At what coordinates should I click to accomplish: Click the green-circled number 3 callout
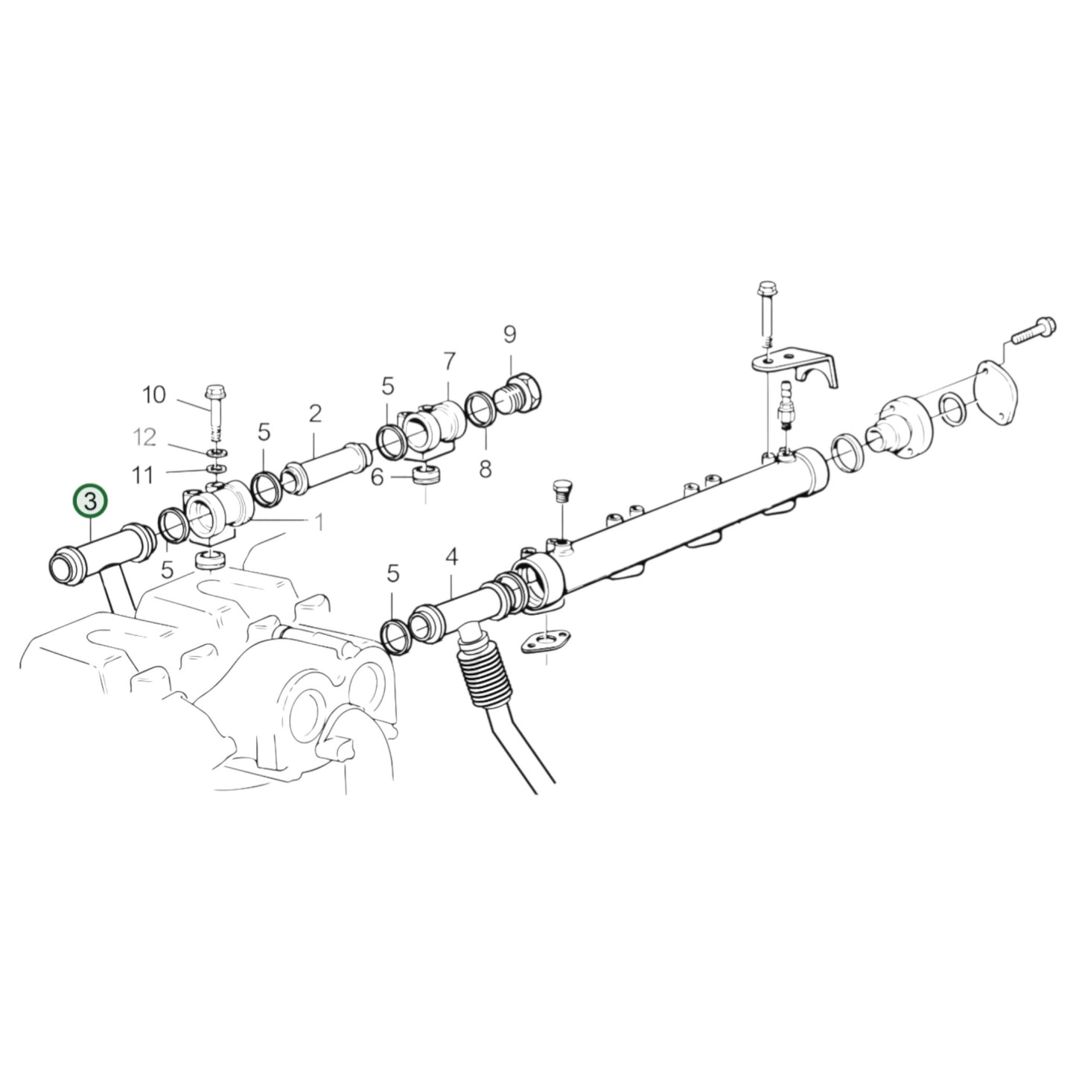[90, 502]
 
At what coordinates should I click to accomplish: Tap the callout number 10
[154, 395]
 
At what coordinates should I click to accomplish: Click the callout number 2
[315, 413]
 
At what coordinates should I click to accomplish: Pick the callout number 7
[448, 362]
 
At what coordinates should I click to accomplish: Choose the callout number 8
[485, 469]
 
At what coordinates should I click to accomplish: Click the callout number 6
[378, 477]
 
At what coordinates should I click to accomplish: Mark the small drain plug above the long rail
[561, 492]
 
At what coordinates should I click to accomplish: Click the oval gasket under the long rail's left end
[545, 644]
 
